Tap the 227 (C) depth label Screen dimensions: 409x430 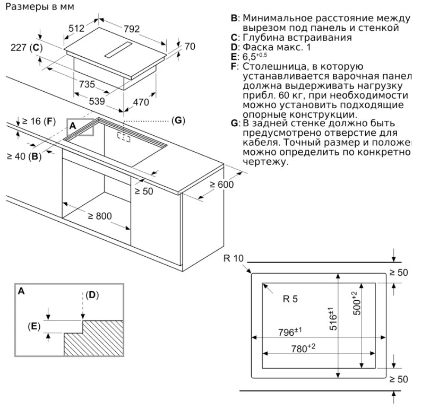26,48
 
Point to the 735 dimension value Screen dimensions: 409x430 86,84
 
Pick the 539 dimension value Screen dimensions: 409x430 96,101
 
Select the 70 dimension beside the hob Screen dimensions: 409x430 190,47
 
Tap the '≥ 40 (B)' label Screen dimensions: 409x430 23,156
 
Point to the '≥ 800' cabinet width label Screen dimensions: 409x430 100,216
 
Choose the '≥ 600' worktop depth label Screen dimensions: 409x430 221,184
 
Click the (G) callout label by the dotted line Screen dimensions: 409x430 178,120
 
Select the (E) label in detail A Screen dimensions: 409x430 34,326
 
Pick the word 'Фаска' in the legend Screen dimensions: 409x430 257,47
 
